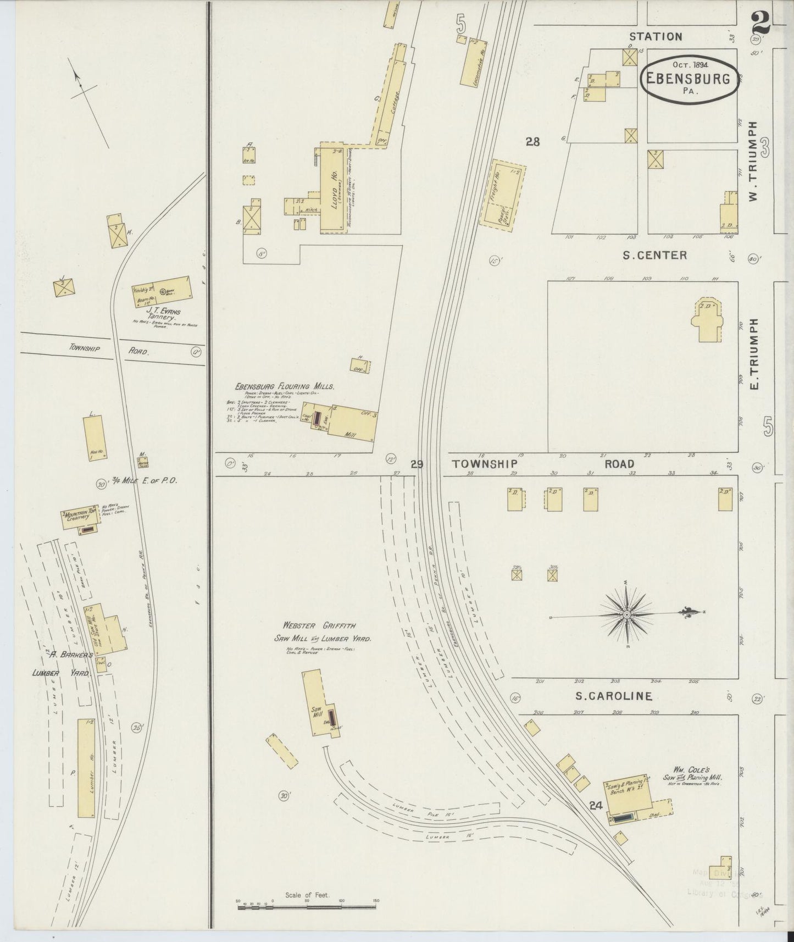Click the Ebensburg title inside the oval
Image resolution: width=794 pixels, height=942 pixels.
688,79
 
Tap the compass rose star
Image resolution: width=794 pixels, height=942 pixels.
626,613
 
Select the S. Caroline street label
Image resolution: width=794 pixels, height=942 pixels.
614,696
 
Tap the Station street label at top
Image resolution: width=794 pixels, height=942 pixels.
656,37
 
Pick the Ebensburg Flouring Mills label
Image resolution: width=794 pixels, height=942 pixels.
284,386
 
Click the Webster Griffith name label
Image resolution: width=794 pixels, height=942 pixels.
319,625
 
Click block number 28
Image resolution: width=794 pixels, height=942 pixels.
532,142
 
